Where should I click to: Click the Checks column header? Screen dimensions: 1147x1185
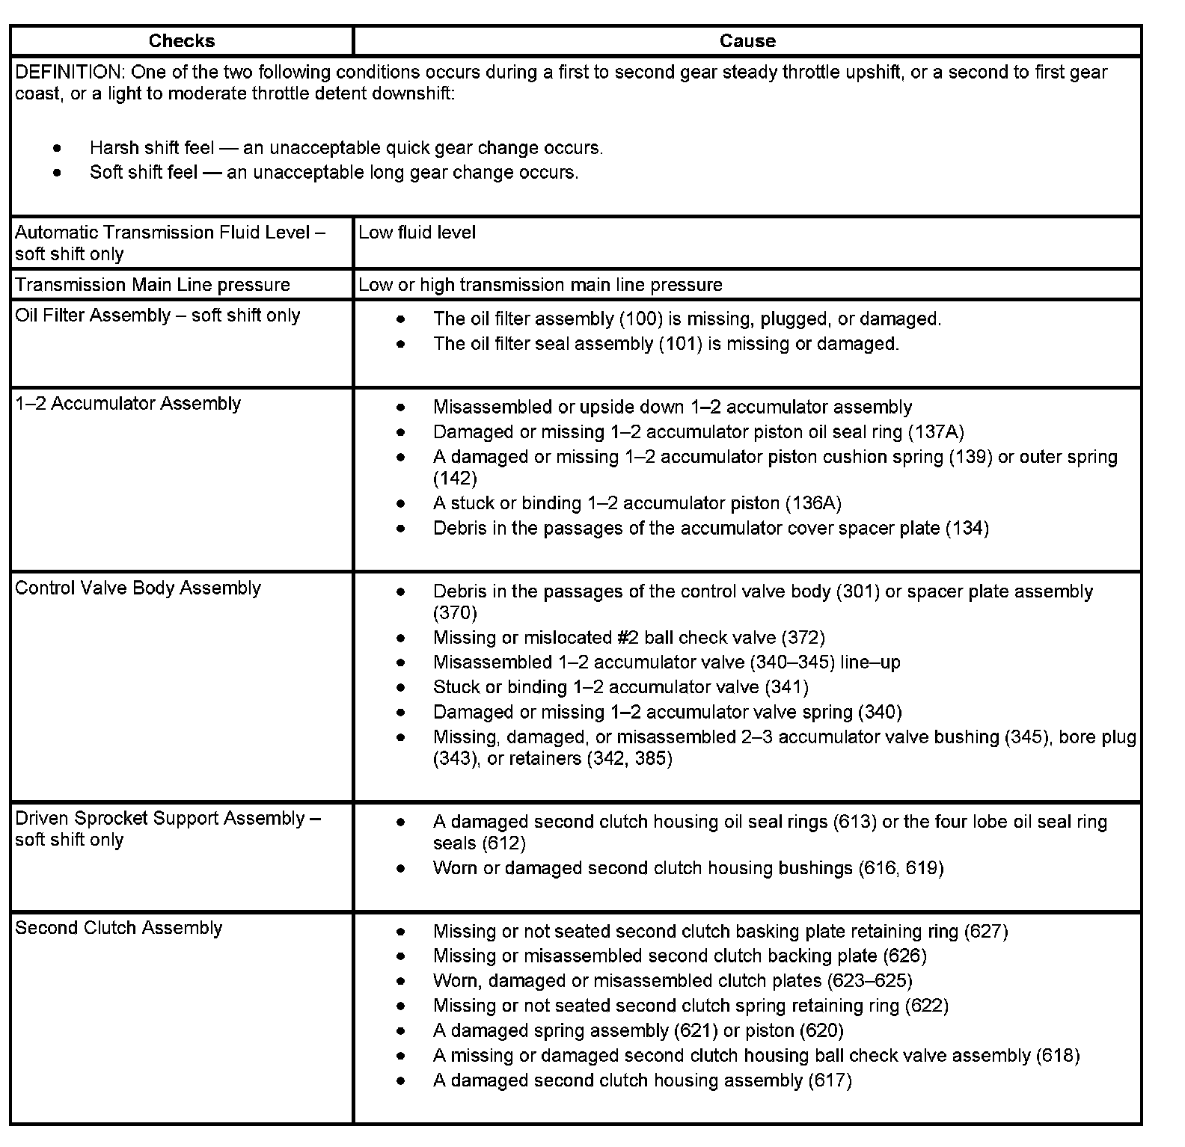(182, 41)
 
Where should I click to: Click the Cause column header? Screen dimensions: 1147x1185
(747, 41)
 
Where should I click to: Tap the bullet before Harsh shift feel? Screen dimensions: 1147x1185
(58, 148)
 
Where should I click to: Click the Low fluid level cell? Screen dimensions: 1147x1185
(417, 233)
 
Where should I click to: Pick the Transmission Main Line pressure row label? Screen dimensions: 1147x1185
(153, 285)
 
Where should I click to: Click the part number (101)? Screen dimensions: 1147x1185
(679, 344)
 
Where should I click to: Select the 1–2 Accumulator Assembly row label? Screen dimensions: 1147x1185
(128, 404)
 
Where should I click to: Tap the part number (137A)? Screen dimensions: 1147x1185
(936, 432)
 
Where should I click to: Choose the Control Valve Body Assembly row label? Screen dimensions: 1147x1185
(138, 588)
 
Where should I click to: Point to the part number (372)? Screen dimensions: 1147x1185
(803, 638)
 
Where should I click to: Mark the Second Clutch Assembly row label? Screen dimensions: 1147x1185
(118, 928)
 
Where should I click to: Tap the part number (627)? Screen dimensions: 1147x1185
(986, 932)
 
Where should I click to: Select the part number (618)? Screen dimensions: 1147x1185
(1058, 1056)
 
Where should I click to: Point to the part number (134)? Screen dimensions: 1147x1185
(967, 529)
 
